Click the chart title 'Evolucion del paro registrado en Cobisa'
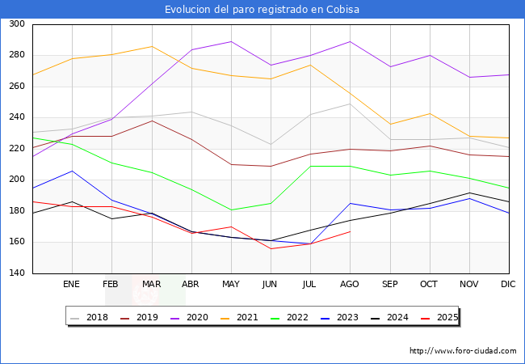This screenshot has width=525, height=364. tap(262, 9)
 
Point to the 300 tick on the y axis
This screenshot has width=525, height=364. tap(17, 24)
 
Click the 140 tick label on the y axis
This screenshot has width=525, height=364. tap(17, 273)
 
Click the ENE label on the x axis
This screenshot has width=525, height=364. tap(72, 285)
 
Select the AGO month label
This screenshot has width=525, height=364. tap(350, 285)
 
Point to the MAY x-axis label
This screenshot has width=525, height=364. tap(231, 285)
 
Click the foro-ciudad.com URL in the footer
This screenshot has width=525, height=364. tap(463, 351)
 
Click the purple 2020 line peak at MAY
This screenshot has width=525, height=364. tap(231, 41)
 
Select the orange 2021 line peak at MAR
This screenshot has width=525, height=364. tap(151, 46)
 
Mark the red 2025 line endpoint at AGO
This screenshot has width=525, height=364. tap(350, 232)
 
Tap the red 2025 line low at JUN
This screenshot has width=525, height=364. tap(271, 248)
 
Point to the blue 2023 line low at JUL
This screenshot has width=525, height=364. tap(310, 244)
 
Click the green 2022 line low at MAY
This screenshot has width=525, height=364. tap(231, 210)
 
